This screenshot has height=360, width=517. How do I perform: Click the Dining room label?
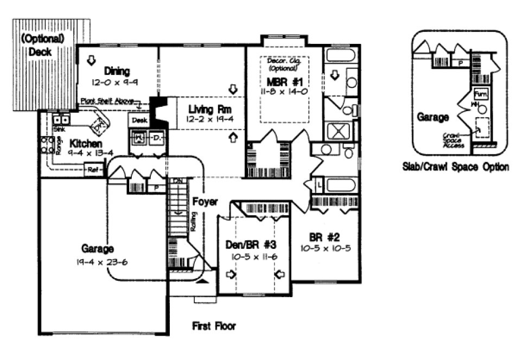(117, 71)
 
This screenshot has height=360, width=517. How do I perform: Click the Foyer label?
(205, 202)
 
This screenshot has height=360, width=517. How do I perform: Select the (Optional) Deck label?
(42, 45)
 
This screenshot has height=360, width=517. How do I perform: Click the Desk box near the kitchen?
(139, 120)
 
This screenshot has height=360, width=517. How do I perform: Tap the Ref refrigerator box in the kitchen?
(93, 170)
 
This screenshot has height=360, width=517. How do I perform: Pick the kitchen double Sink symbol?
(60, 119)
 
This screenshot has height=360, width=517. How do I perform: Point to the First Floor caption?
(214, 326)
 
